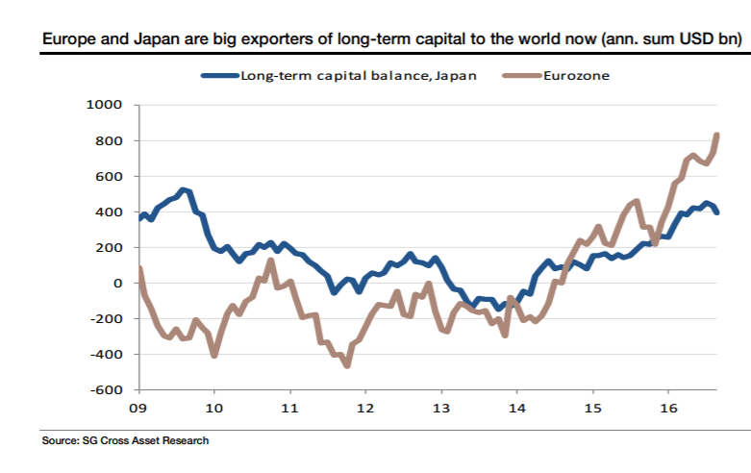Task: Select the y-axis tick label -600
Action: click(107, 390)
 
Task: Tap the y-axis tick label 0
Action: click(118, 284)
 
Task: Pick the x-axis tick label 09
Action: click(139, 407)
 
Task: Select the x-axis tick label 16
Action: click(667, 407)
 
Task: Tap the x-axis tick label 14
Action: click(516, 407)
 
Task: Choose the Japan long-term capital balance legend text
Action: click(358, 74)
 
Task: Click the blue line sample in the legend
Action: click(219, 74)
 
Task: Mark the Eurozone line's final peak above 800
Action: click(717, 136)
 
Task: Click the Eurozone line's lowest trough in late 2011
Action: click(347, 364)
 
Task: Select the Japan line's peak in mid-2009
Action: click(184, 190)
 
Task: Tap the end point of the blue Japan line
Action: click(717, 212)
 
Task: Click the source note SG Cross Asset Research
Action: click(124, 441)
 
